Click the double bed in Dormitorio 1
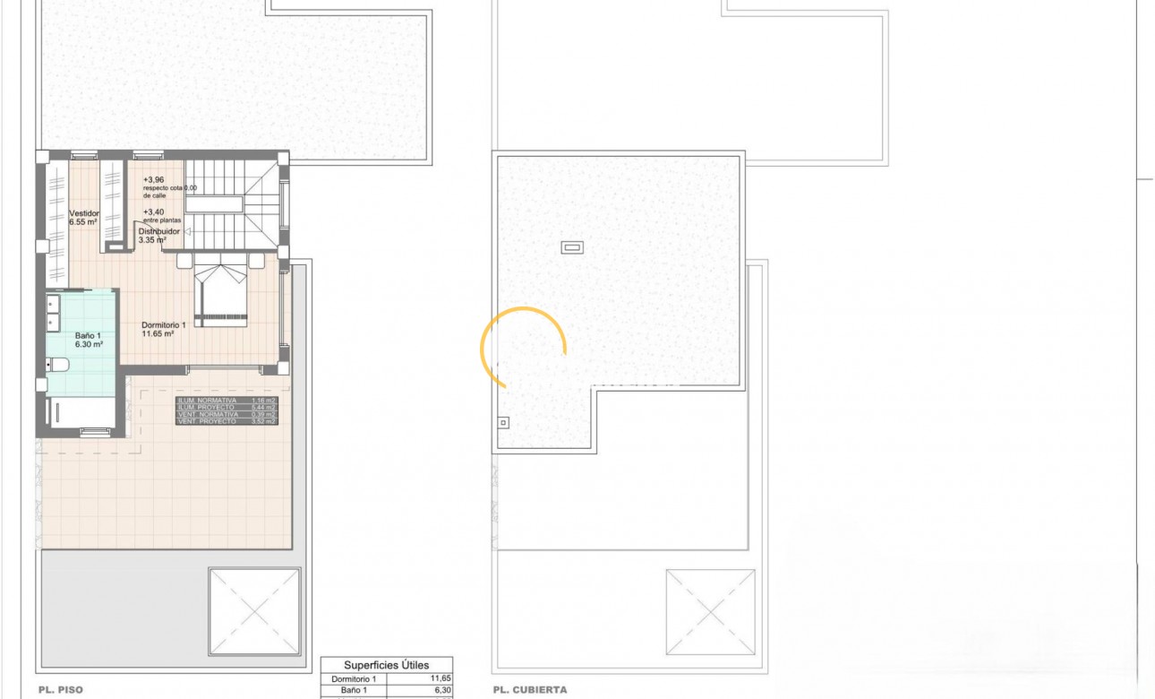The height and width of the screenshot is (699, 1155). (222, 292)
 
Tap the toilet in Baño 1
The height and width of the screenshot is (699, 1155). (60, 365)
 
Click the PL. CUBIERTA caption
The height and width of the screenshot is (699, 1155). (529, 691)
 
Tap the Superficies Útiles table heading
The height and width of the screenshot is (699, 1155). (387, 664)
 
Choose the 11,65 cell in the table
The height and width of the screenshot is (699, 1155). (441, 679)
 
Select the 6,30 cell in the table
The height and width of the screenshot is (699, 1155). (441, 691)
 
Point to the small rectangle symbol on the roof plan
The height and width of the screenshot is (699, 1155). (571, 247)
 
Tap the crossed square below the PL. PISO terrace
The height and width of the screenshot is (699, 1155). (254, 612)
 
